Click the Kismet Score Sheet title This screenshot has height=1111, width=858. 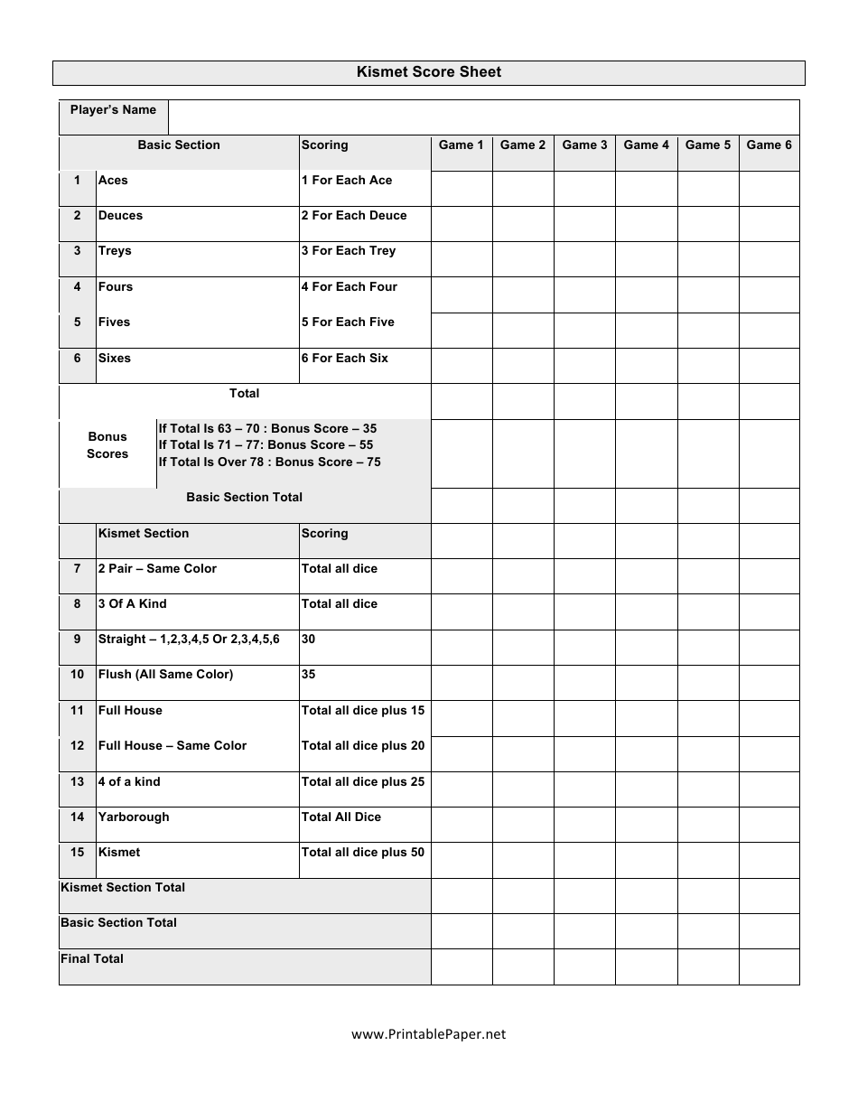(428, 72)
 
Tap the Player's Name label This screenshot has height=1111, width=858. (113, 110)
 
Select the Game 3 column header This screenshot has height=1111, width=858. (584, 145)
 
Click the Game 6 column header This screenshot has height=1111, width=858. (769, 145)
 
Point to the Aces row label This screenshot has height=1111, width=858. (113, 181)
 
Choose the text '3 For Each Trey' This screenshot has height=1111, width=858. (348, 251)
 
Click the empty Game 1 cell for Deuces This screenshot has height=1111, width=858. (462, 224)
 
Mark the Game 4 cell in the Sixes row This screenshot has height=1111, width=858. (646, 366)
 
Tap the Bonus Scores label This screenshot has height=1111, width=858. (107, 445)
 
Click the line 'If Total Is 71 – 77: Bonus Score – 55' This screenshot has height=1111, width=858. (266, 445)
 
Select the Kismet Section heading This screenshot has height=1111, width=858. (144, 534)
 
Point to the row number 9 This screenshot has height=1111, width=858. (77, 640)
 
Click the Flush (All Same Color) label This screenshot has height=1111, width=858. (165, 675)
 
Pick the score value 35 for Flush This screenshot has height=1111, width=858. (308, 675)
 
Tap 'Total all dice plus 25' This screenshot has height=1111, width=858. (362, 782)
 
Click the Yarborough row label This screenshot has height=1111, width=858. (134, 817)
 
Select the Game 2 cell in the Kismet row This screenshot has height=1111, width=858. (523, 860)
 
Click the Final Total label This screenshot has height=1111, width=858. (92, 959)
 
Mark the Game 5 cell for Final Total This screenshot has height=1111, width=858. (707, 966)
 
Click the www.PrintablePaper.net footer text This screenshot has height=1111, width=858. (428, 1035)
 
